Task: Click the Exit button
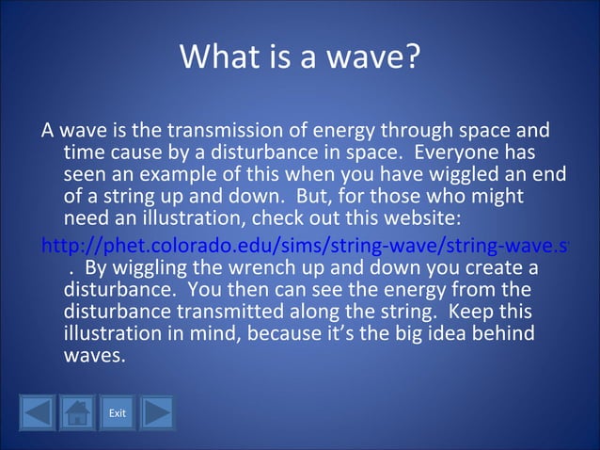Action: [x=118, y=413]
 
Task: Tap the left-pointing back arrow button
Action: [x=38, y=413]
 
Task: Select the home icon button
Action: [x=77, y=413]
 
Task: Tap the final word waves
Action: [x=93, y=357]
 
